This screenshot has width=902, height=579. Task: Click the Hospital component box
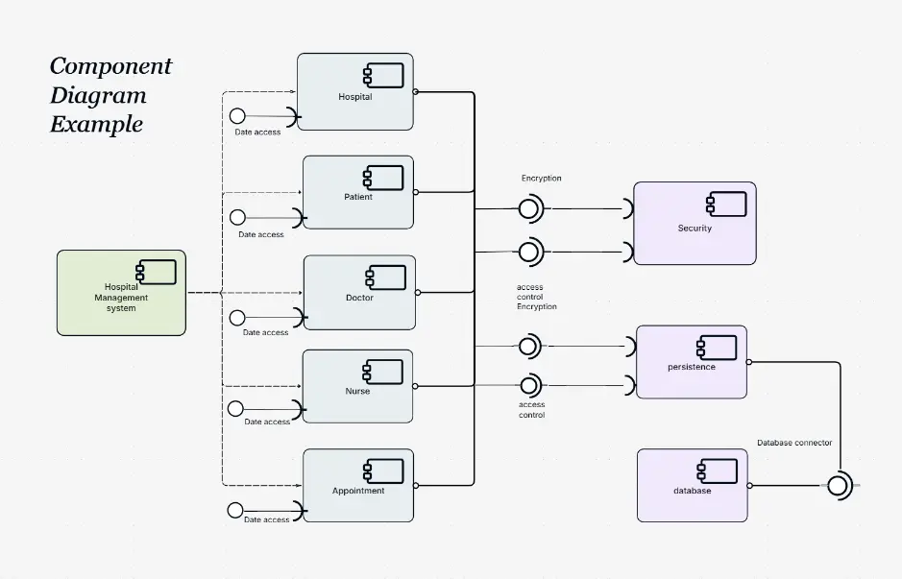pos(354,92)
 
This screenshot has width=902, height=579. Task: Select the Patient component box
pos(358,192)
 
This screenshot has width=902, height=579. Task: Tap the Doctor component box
pos(359,293)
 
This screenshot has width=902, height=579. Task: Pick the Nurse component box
pos(357,386)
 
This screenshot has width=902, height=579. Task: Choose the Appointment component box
pos(358,486)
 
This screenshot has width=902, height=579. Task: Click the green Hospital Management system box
pos(121,293)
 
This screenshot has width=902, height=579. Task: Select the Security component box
pos(695,224)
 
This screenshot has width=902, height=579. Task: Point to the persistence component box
pos(692,362)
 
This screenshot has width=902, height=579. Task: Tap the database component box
pos(692,485)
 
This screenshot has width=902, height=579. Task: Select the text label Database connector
pos(794,443)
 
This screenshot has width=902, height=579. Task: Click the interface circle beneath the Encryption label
pos(527,208)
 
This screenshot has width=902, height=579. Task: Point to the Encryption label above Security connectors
pos(542,179)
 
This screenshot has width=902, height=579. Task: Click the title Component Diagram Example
pos(110,95)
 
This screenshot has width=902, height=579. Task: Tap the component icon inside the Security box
pos(726,203)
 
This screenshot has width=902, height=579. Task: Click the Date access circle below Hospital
pos(237,116)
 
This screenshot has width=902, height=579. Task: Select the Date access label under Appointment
pos(266,519)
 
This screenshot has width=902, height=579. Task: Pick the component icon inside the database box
pos(717,470)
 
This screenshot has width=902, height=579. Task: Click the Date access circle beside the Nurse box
pos(236,408)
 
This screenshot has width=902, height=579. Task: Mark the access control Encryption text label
pos(536,297)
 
